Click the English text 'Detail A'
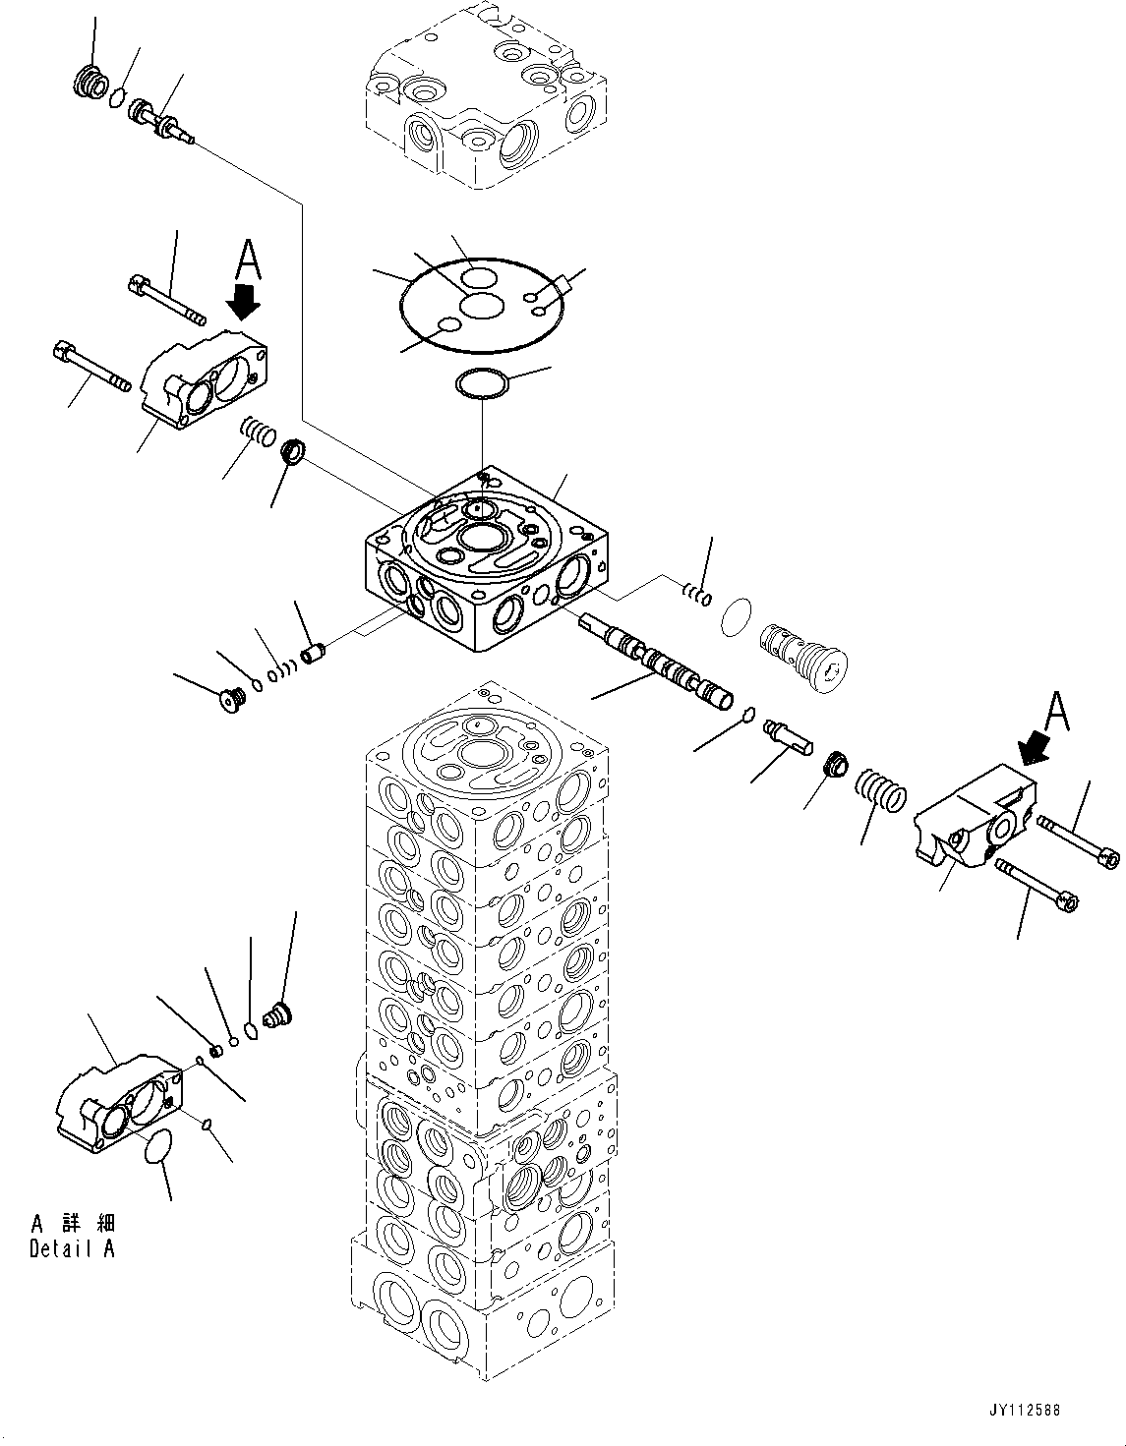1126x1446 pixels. click(72, 1249)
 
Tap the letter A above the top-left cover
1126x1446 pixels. click(248, 262)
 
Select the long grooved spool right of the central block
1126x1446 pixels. click(656, 663)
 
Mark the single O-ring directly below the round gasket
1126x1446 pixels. click(482, 384)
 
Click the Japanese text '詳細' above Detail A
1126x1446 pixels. click(85, 1224)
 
